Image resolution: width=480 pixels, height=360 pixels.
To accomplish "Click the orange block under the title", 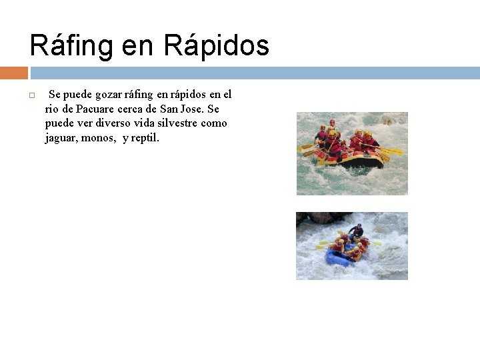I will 13,73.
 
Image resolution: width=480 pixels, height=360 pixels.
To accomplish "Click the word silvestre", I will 180,123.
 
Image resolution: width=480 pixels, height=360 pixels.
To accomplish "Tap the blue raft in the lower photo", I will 339,259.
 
